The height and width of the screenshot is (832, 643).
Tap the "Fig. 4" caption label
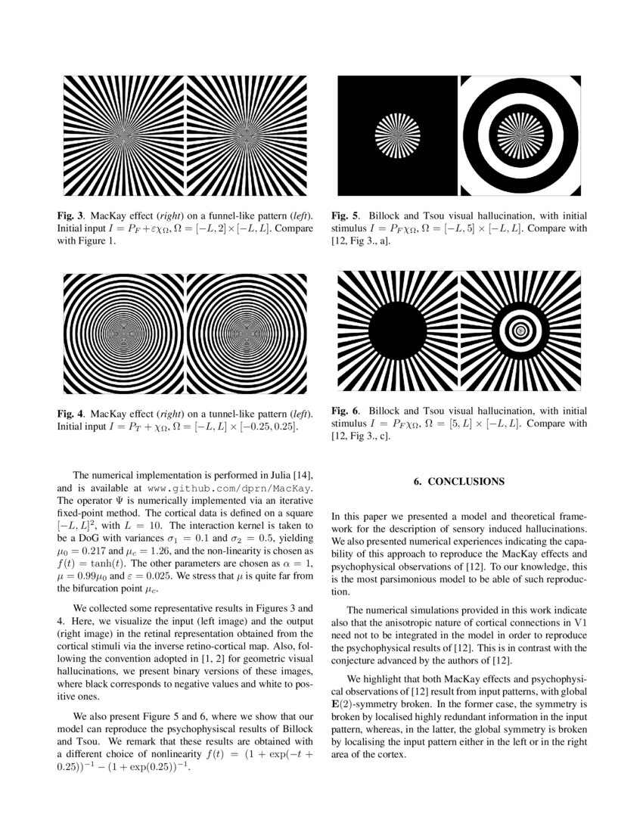pos(71,414)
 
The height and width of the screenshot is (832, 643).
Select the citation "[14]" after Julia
pos(303,475)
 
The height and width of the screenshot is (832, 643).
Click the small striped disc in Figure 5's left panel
pos(398,136)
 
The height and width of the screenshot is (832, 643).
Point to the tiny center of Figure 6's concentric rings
pos(520,331)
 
